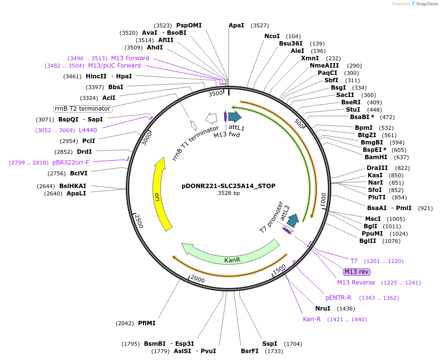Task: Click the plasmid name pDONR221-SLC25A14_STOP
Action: [229, 186]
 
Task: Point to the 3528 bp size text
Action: [229, 193]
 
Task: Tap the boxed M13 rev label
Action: [357, 272]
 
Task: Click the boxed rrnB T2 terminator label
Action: [83, 108]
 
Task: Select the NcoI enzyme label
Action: [272, 36]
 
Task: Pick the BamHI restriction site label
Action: [376, 157]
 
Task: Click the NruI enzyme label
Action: [323, 309]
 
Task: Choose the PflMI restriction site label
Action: [146, 323]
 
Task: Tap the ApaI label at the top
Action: [236, 25]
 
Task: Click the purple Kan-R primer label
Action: [312, 319]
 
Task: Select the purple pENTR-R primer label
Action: [338, 298]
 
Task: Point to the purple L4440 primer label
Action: [88, 130]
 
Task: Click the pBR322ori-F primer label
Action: [70, 163]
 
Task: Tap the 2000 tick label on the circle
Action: [197, 279]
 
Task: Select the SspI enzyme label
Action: [270, 344]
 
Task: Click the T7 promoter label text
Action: [271, 216]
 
